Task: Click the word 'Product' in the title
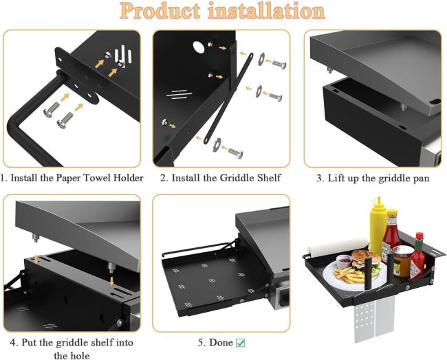point(160,11)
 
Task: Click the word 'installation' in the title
point(266,11)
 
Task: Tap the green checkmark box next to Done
point(240,343)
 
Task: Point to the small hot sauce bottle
point(418,256)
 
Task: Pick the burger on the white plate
point(367,260)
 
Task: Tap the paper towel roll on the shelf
point(338,246)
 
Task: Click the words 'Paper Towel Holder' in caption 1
point(100,178)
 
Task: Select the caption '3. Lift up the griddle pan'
point(373,179)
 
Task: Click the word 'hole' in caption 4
point(80,356)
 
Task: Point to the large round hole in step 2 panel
point(199,47)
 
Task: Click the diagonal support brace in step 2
point(228,98)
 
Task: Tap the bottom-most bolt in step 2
point(235,153)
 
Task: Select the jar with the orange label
point(402,262)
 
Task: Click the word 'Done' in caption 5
point(221,343)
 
